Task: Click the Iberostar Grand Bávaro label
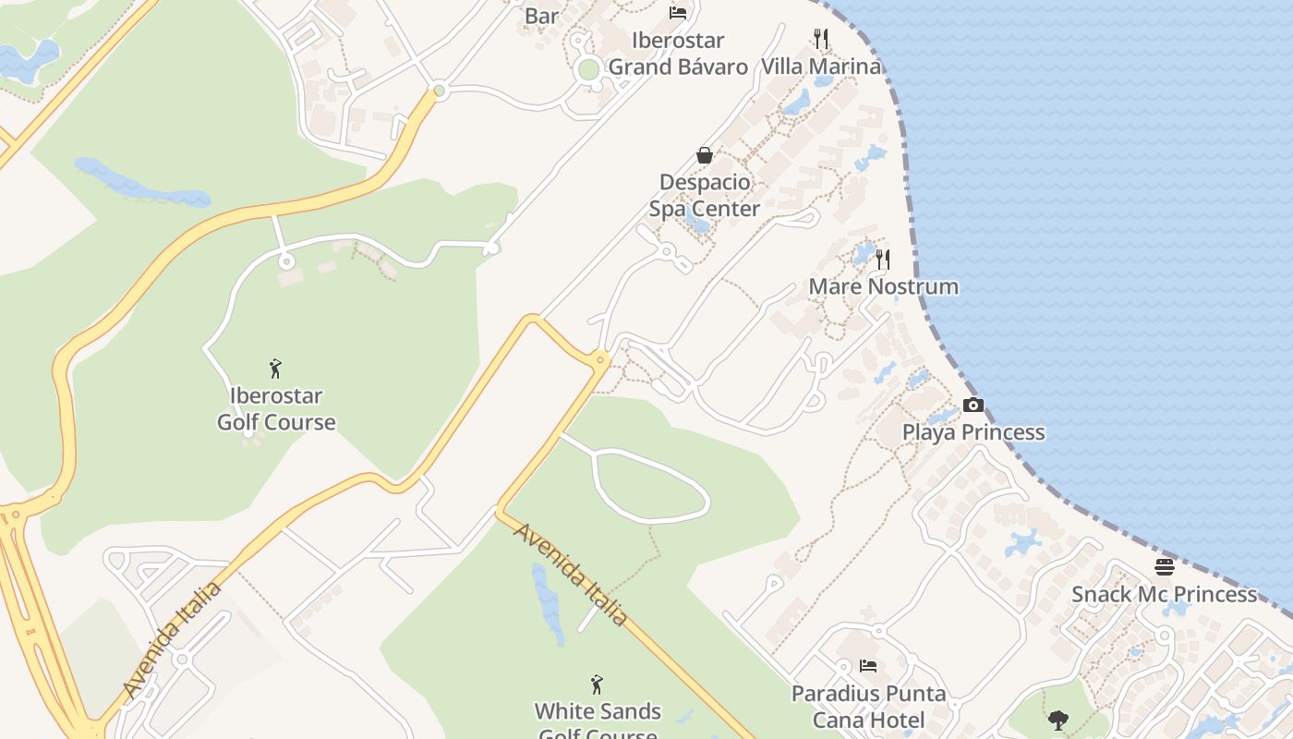678,54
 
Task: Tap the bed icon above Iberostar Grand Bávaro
678,13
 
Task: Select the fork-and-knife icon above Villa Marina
820,38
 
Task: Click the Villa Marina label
820,67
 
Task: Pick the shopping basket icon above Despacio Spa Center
705,155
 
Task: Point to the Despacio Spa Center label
705,195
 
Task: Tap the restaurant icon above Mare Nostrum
883,259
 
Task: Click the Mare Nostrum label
883,286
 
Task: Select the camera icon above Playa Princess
973,405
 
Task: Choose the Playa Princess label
973,432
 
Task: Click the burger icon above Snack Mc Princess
1164,566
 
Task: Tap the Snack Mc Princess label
1164,594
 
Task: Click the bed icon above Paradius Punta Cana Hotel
868,665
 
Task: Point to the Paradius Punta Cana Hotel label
868,707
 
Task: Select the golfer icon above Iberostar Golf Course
275,369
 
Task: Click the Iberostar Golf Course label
275,409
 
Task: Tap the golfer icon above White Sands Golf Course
597,684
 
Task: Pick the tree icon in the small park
1058,720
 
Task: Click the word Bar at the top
541,16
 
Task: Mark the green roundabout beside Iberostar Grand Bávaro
588,69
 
